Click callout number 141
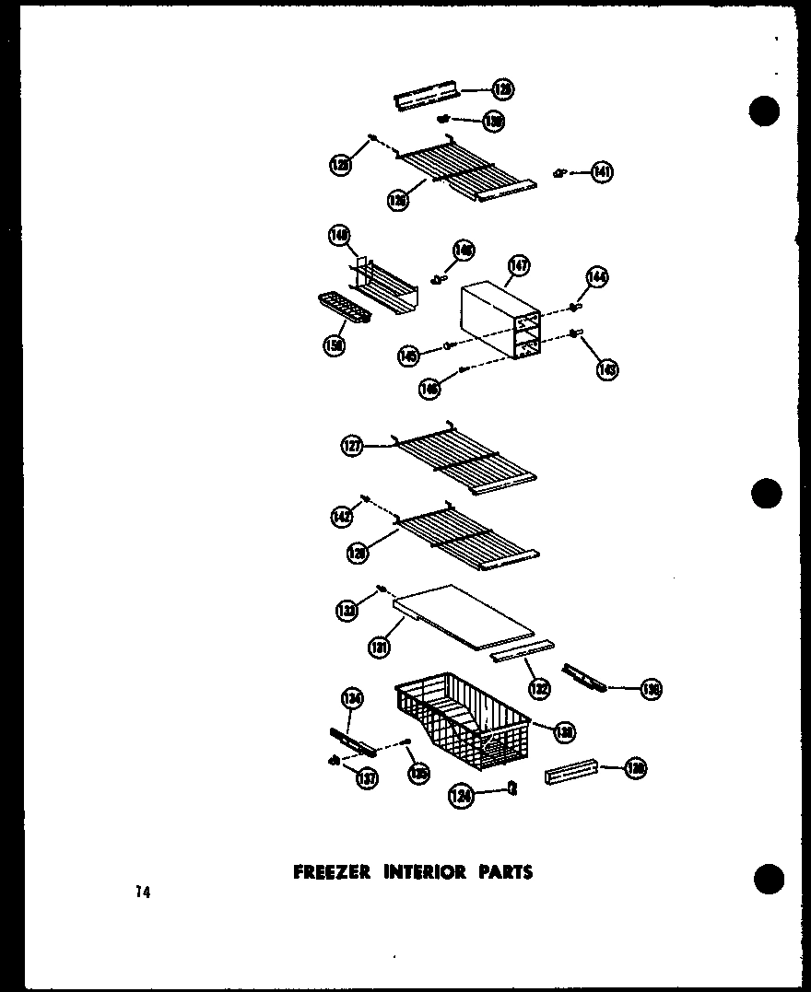(x=602, y=171)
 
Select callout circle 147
(x=519, y=268)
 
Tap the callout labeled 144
(x=597, y=277)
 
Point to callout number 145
(x=409, y=356)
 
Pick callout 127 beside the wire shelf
(x=351, y=447)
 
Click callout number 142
(x=342, y=518)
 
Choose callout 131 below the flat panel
(x=378, y=648)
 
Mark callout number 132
(x=539, y=686)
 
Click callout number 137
(x=366, y=780)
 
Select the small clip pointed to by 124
(x=512, y=787)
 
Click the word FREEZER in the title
(x=330, y=871)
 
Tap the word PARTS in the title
(x=505, y=871)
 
